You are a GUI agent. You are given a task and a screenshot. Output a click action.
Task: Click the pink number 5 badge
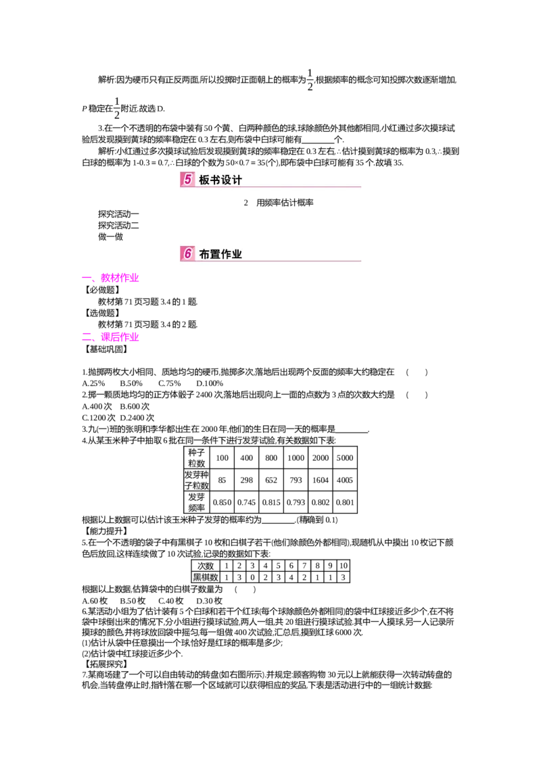click(x=187, y=179)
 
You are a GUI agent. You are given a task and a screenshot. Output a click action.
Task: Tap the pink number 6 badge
click(x=187, y=253)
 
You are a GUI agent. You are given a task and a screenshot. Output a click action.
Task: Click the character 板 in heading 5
click(x=205, y=180)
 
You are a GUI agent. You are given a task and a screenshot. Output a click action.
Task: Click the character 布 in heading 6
click(x=205, y=254)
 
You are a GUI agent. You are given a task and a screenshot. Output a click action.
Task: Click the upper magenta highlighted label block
click(x=120, y=276)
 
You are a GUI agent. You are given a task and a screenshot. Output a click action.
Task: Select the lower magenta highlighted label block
click(x=120, y=336)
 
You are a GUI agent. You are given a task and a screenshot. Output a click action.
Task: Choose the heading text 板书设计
click(x=220, y=180)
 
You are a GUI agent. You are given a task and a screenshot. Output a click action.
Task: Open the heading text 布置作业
click(x=220, y=254)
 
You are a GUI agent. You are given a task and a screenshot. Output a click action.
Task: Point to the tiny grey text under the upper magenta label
click(x=105, y=285)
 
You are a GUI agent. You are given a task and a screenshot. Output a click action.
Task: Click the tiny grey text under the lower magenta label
click(x=112, y=343)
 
